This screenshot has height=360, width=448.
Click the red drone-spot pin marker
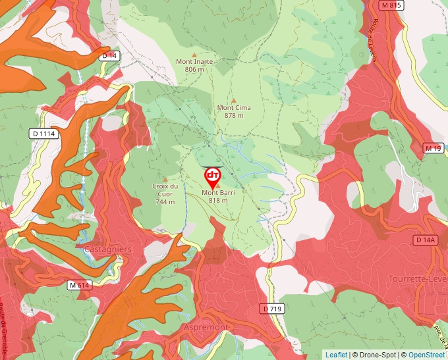(212, 176)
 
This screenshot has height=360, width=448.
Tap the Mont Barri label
(218, 196)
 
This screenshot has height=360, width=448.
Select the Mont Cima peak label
(234, 111)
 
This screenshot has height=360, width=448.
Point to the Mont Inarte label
(194, 65)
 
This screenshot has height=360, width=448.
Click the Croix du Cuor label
(165, 193)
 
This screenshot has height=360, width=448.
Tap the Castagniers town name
(107, 249)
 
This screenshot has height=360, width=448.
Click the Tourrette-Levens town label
(418, 279)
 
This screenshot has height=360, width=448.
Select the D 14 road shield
(109, 56)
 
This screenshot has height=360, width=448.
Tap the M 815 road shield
(391, 5)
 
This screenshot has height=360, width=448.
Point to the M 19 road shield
(433, 148)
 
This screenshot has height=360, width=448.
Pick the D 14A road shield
(426, 240)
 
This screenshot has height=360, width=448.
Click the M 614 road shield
(79, 285)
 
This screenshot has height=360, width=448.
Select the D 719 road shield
(273, 308)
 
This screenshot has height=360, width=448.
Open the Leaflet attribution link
(336, 355)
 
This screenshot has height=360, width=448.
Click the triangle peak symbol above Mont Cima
(233, 100)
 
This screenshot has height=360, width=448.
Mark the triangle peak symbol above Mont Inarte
(194, 54)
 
